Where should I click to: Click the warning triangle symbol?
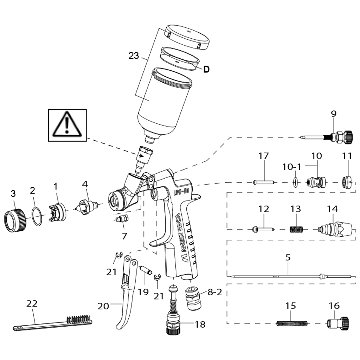tap(67, 124)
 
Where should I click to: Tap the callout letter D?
tap(206, 69)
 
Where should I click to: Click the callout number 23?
tap(134, 56)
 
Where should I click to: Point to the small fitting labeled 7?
tap(122, 219)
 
